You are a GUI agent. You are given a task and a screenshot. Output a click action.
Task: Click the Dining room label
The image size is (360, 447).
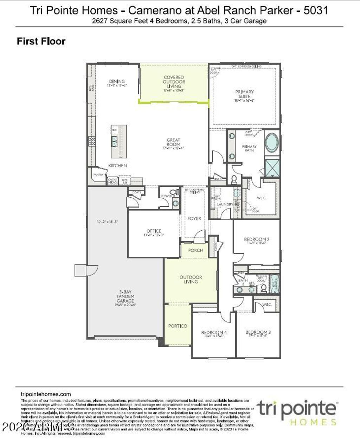point(117,82)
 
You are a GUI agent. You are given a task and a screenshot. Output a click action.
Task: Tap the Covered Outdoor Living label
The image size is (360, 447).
point(174,82)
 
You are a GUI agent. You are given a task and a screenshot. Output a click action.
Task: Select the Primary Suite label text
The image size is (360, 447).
point(245,94)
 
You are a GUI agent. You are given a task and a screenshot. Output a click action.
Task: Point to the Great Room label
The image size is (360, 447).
point(173,142)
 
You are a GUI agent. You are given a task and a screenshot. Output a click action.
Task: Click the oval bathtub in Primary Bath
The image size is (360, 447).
point(271,143)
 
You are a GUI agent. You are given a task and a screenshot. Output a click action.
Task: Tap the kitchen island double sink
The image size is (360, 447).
point(115,141)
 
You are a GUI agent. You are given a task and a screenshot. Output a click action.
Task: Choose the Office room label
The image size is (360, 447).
point(154,231)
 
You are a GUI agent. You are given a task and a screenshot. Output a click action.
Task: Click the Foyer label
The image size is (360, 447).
point(194,218)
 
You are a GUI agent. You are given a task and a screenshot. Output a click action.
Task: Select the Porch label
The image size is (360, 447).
point(195,250)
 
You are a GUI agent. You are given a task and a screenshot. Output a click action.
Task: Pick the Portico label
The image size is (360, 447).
point(178,326)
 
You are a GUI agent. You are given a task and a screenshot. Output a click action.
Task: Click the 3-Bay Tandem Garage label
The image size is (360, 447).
point(125,296)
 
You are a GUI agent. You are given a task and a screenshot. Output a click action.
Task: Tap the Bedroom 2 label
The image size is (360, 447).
point(257,240)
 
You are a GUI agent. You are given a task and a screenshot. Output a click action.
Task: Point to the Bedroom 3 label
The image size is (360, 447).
point(258,332)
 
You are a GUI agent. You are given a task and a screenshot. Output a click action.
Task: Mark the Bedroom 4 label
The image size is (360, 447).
point(214,332)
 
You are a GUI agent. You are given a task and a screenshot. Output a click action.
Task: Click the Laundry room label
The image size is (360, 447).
point(225,204)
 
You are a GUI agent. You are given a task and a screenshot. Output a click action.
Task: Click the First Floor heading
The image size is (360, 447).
point(41,41)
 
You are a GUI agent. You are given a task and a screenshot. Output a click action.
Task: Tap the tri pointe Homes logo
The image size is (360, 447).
point(297,412)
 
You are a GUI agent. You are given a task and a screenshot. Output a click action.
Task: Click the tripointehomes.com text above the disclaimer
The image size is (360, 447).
point(46,394)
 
